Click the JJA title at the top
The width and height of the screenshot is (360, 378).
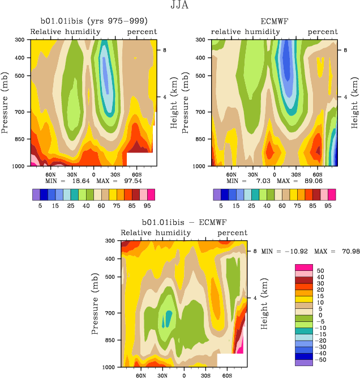(x=179, y=7)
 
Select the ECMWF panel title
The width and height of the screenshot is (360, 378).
(x=275, y=22)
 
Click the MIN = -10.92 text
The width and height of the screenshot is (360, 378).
(x=281, y=250)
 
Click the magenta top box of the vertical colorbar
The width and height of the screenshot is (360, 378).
(x=303, y=267)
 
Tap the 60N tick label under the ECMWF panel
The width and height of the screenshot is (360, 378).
(x=232, y=175)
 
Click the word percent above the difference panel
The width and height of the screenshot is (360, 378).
(x=232, y=233)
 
